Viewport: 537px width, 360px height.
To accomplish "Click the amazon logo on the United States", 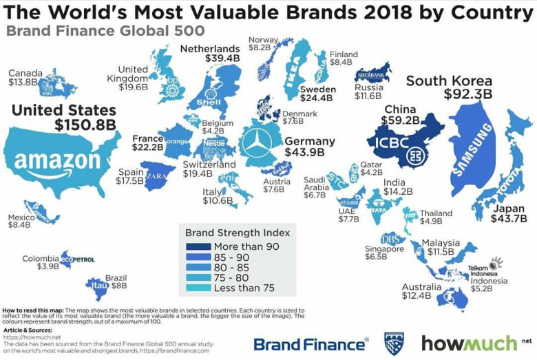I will [57, 160].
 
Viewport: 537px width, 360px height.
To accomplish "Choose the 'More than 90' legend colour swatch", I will [196, 246].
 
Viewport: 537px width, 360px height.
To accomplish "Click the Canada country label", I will [25, 73].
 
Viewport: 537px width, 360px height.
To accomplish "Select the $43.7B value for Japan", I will [509, 219].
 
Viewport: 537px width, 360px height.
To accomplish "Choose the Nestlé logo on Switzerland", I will [215, 146].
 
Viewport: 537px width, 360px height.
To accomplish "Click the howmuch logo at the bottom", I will [470, 343].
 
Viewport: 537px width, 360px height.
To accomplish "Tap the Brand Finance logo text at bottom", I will [309, 343].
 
